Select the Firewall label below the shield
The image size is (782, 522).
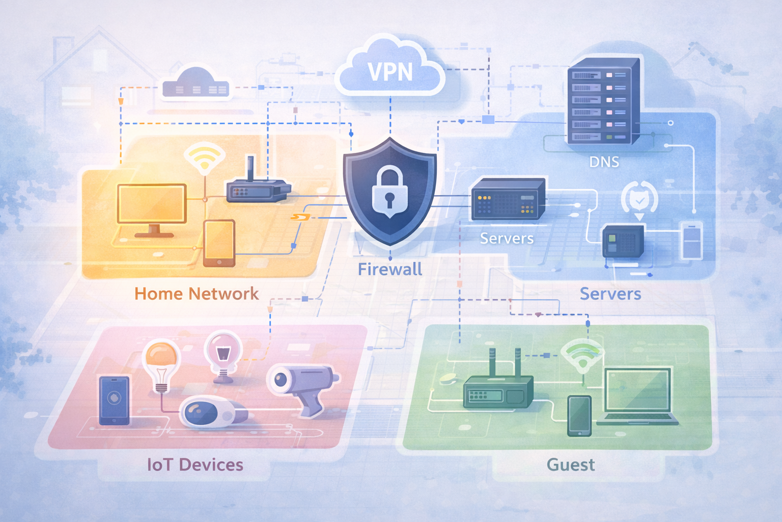(x=389, y=269)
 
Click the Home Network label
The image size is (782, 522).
(x=197, y=294)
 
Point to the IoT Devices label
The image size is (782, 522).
(x=195, y=464)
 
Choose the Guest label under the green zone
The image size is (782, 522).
(x=570, y=464)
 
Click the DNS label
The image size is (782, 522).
(x=604, y=162)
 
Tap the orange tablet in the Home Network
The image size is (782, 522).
(x=219, y=243)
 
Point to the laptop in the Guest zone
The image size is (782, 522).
(x=638, y=397)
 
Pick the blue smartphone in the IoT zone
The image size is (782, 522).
(x=114, y=400)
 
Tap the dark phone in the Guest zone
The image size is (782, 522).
(x=579, y=415)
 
